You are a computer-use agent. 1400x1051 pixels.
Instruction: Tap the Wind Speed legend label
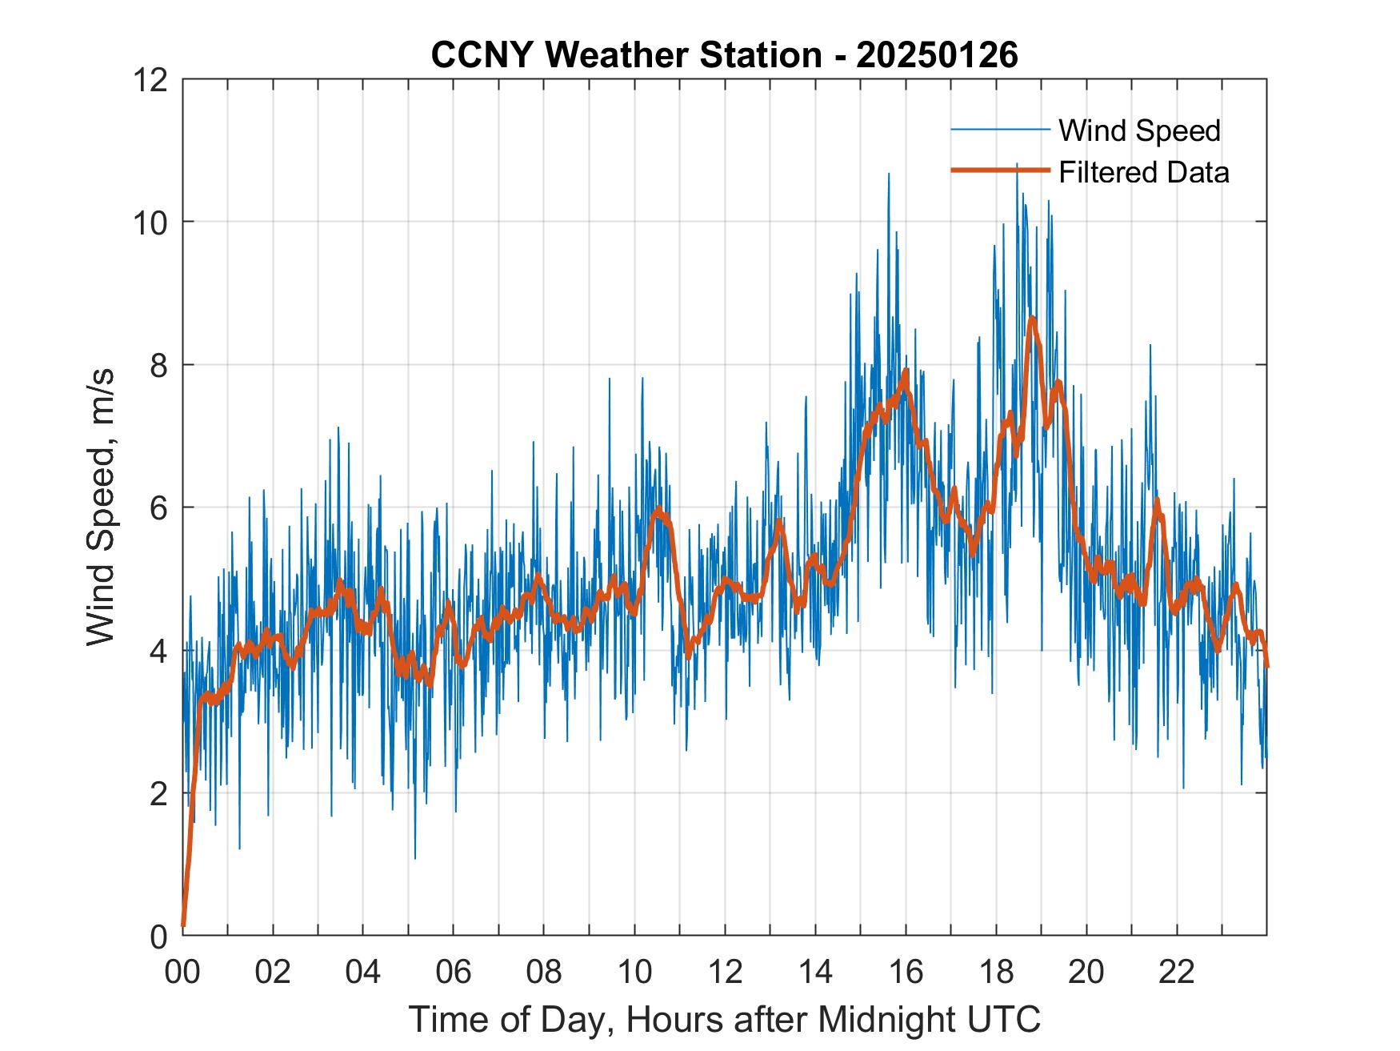click(x=1139, y=130)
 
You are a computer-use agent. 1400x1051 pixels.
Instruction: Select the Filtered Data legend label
click(x=1143, y=172)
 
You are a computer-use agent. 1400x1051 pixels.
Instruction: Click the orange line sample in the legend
click(x=1000, y=170)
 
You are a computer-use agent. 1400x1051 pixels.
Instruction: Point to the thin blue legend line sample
click(x=1000, y=130)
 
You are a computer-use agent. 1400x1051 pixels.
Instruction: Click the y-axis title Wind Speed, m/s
click(x=102, y=506)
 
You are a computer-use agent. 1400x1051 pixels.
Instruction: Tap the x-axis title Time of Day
click(x=725, y=1020)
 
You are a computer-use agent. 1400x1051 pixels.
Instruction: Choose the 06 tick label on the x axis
click(x=454, y=973)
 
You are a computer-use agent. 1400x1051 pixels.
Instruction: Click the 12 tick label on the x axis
click(x=725, y=973)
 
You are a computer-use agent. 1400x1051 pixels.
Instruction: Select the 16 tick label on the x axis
click(x=906, y=973)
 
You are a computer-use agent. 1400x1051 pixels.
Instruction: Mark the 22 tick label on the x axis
click(x=1177, y=973)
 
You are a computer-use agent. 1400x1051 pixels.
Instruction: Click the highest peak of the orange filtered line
click(x=1033, y=319)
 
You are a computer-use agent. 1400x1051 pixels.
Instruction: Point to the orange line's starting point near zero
click(x=184, y=925)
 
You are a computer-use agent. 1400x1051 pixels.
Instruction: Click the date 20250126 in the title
click(x=937, y=55)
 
